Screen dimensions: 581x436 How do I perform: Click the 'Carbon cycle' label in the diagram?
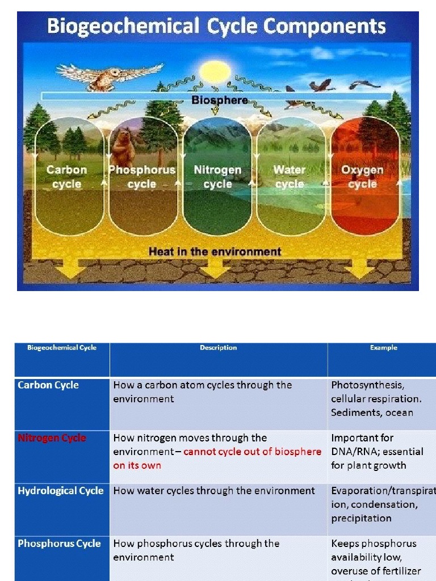pos(67,176)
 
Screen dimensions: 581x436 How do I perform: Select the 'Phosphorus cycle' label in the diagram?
pos(142,176)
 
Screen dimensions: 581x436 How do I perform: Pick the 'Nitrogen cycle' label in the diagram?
pos(217,176)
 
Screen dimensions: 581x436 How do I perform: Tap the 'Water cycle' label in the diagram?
pos(290,176)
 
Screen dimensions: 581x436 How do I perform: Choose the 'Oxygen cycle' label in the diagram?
pos(362,176)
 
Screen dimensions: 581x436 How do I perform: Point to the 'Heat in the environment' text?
pos(215,251)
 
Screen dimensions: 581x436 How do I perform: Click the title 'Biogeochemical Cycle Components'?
pos(216,27)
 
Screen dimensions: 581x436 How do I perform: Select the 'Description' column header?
pos(218,348)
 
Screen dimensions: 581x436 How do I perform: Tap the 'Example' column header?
pos(383,348)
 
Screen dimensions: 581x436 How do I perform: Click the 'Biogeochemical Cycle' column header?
pos(62,348)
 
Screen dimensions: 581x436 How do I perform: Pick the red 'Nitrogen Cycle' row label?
pos(52,438)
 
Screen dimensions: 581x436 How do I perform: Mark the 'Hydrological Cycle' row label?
pos(61,491)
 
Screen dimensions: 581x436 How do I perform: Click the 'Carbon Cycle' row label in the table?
pos(48,385)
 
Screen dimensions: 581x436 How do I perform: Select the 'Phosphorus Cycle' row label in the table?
pos(59,544)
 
